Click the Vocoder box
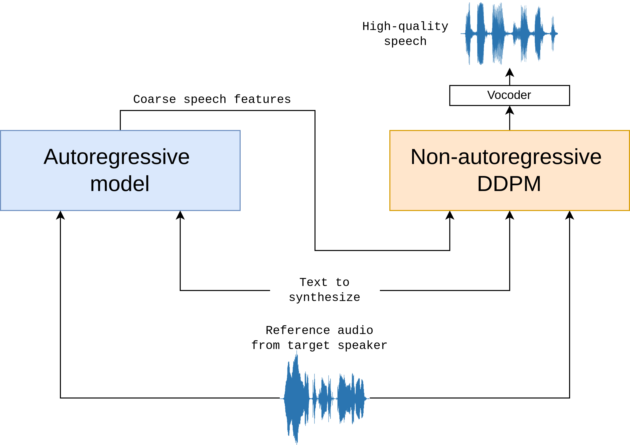[x=509, y=95]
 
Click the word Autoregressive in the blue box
[x=117, y=157]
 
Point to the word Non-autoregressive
[x=506, y=157]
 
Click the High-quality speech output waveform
[x=509, y=34]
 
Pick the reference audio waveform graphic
[x=324, y=398]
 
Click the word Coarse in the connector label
[x=155, y=99]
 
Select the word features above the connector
[x=262, y=99]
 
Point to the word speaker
[x=362, y=345]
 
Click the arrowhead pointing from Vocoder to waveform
[x=509, y=72]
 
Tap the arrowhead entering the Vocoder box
[x=509, y=110]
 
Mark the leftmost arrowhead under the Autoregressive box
[x=60, y=215]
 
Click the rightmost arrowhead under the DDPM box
[x=570, y=215]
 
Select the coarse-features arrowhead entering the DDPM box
[x=450, y=215]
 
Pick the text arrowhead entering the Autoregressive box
[x=180, y=215]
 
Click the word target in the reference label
[x=309, y=345]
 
